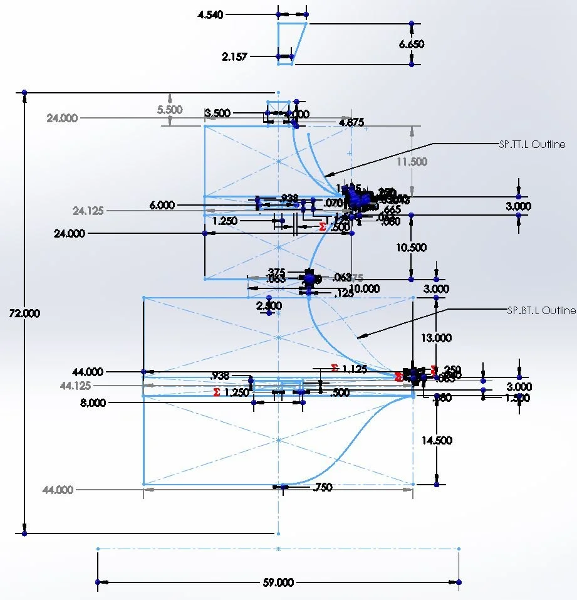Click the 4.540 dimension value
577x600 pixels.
click(x=210, y=14)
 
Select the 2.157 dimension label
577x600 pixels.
click(x=235, y=56)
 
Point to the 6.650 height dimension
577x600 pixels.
click(x=412, y=45)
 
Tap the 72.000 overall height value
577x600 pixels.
click(x=24, y=313)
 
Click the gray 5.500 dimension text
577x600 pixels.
click(x=170, y=110)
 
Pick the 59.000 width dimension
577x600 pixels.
click(x=278, y=582)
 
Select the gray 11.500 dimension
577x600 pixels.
click(x=412, y=162)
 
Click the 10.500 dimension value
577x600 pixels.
click(x=411, y=248)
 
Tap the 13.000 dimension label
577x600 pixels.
click(x=436, y=338)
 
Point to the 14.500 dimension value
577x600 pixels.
click(x=436, y=441)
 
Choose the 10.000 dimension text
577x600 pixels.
click(x=364, y=288)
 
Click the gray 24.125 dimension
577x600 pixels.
click(x=88, y=211)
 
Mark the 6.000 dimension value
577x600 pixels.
click(x=162, y=205)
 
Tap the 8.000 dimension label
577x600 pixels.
click(x=93, y=403)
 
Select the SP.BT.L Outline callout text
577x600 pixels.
click(x=541, y=310)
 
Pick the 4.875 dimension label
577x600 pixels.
click(x=351, y=122)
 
